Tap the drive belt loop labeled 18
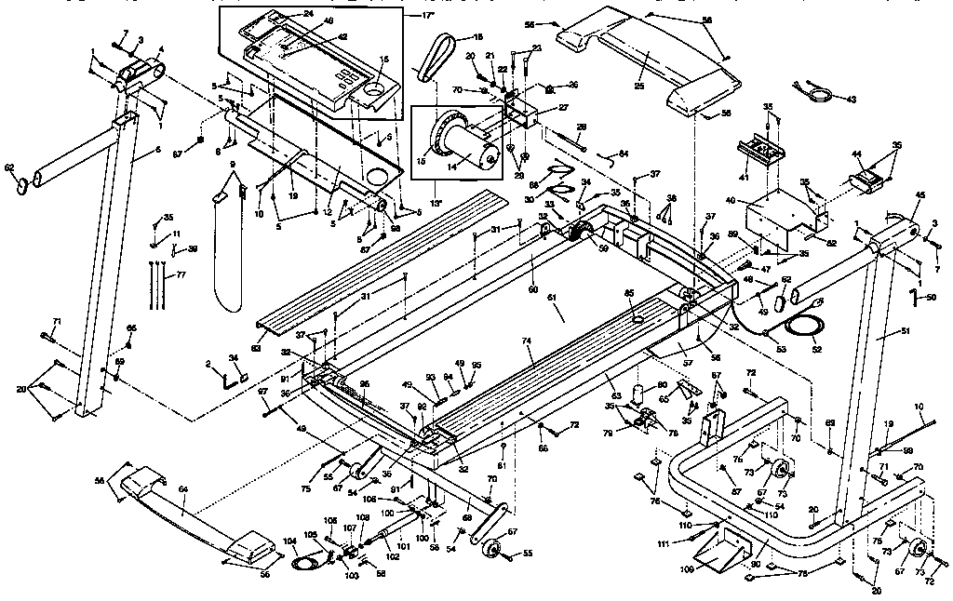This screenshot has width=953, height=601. pos(435,61)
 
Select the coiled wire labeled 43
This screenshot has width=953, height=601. pos(816,92)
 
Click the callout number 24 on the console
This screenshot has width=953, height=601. pos(309,13)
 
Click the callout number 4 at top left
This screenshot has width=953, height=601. pos(162,48)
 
